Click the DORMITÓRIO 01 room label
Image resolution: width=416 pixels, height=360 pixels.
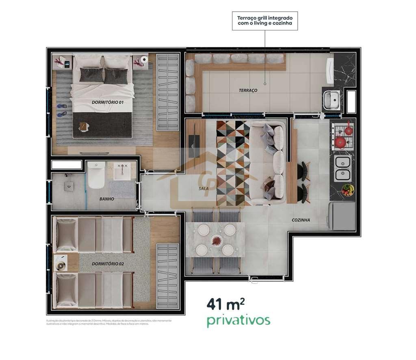click(x=107, y=103)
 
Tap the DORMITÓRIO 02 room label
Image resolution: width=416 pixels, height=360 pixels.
click(x=108, y=264)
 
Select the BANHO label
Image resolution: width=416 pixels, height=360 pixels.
click(x=106, y=199)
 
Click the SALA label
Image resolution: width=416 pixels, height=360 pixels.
click(x=204, y=189)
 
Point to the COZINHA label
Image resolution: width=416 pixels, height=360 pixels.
click(x=301, y=220)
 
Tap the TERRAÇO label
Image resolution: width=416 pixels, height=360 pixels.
click(x=248, y=90)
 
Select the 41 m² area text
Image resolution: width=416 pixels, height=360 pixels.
click(x=225, y=304)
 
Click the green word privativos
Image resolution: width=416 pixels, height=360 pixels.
click(x=238, y=320)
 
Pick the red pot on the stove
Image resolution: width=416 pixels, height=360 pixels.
click(x=340, y=142)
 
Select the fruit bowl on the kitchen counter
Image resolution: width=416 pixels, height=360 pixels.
click(x=347, y=190)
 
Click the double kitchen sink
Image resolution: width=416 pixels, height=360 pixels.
click(x=343, y=168)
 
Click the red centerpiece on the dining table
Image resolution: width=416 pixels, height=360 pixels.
click(x=215, y=240)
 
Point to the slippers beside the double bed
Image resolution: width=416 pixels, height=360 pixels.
click(x=62, y=110)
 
